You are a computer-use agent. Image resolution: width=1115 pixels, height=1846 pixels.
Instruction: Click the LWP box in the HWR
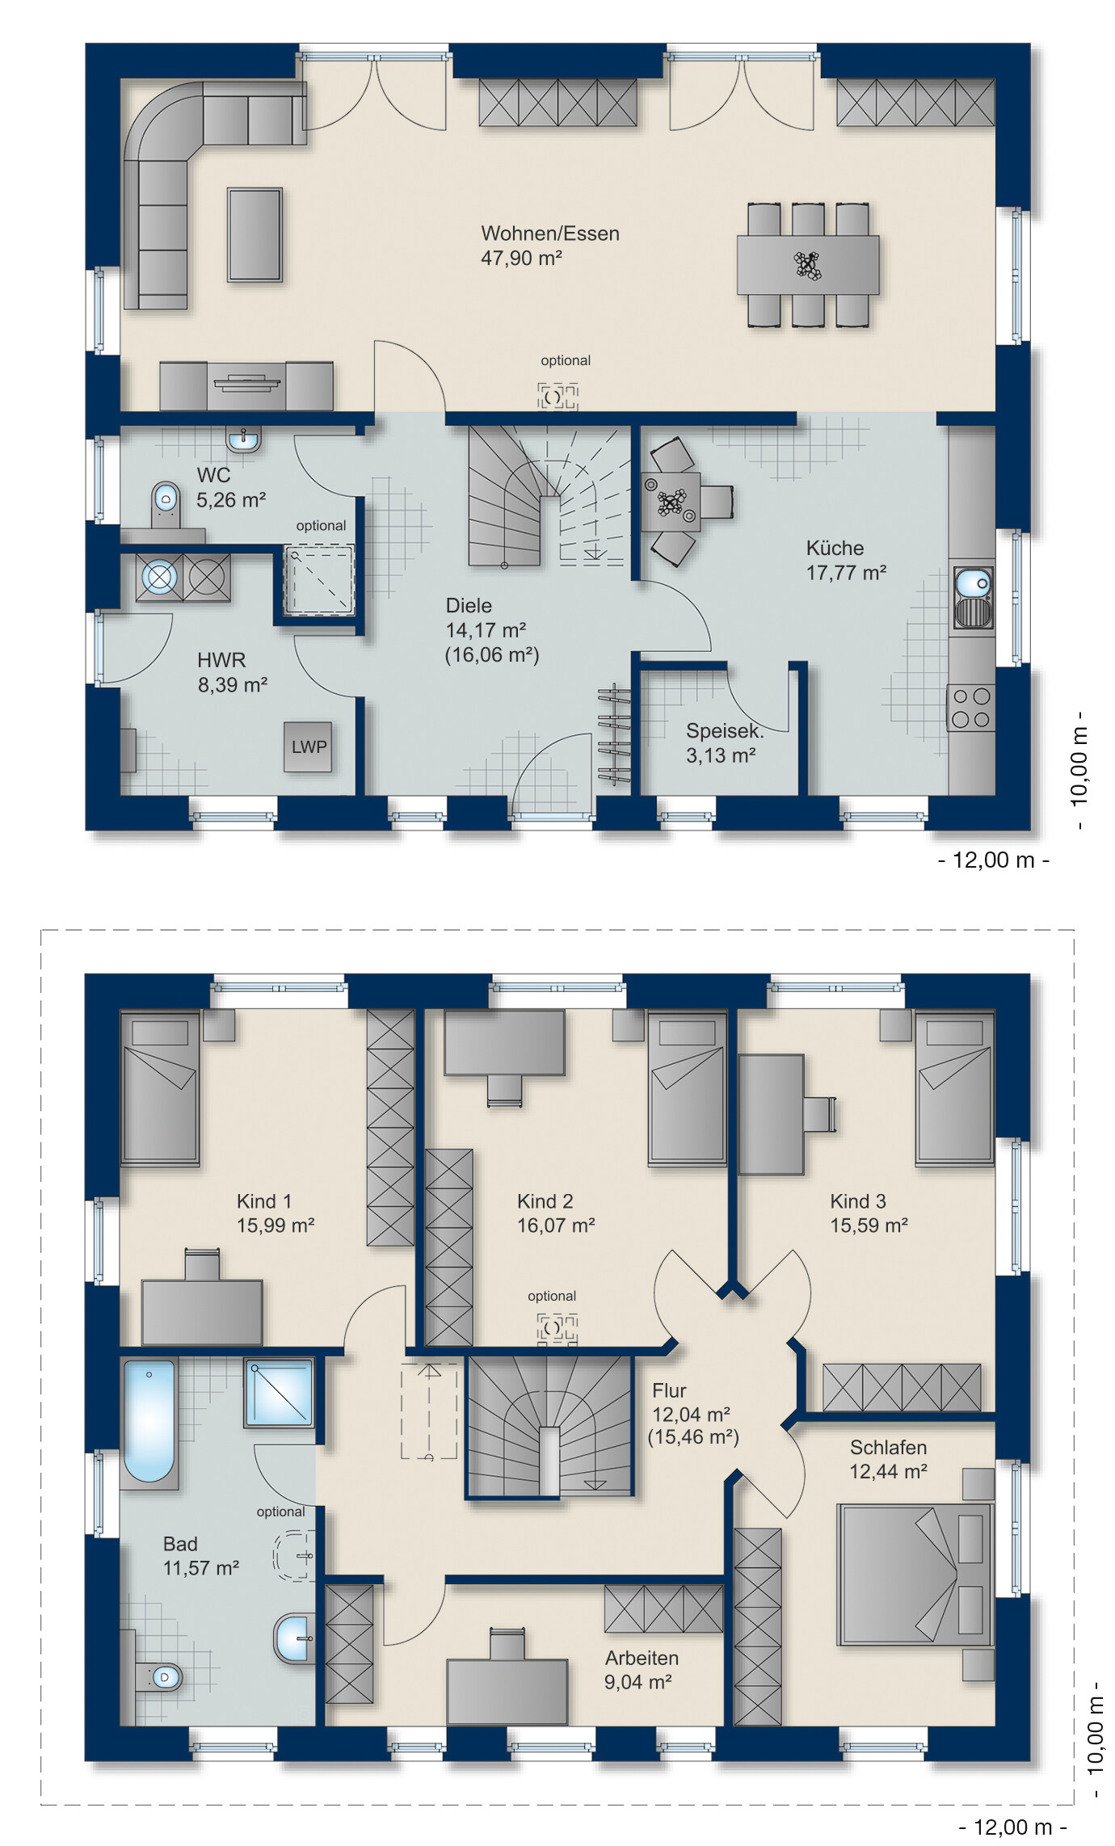tap(308, 746)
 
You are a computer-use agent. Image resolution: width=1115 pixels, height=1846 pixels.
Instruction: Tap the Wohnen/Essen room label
tap(550, 233)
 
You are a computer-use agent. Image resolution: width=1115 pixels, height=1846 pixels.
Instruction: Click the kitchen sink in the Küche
tap(973, 598)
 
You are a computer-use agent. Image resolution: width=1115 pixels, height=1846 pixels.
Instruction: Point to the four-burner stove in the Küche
tap(971, 708)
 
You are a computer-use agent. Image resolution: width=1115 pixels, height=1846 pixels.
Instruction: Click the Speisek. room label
tap(725, 731)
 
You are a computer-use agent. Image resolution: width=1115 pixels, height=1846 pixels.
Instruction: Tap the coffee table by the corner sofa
tap(255, 235)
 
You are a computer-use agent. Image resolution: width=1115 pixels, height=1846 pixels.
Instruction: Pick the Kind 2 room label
tap(545, 1201)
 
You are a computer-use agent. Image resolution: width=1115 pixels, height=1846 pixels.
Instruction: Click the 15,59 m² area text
tap(869, 1226)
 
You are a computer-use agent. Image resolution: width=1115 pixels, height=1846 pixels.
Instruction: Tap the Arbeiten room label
tap(642, 1658)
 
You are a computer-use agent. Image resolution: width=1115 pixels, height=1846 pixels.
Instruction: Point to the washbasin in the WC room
tap(243, 441)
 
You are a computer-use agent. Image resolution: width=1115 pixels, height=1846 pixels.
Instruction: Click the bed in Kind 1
tap(160, 1089)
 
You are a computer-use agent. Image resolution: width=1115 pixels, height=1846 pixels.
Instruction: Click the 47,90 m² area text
tap(521, 259)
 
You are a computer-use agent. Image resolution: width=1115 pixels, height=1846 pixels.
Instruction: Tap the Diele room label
tap(469, 605)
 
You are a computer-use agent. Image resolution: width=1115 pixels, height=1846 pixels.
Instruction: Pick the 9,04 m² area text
tap(638, 1682)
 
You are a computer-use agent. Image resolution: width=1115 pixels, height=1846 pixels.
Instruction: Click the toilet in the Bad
tap(159, 1676)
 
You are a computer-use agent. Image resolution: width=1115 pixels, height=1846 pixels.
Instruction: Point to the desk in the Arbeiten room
tap(507, 1691)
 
